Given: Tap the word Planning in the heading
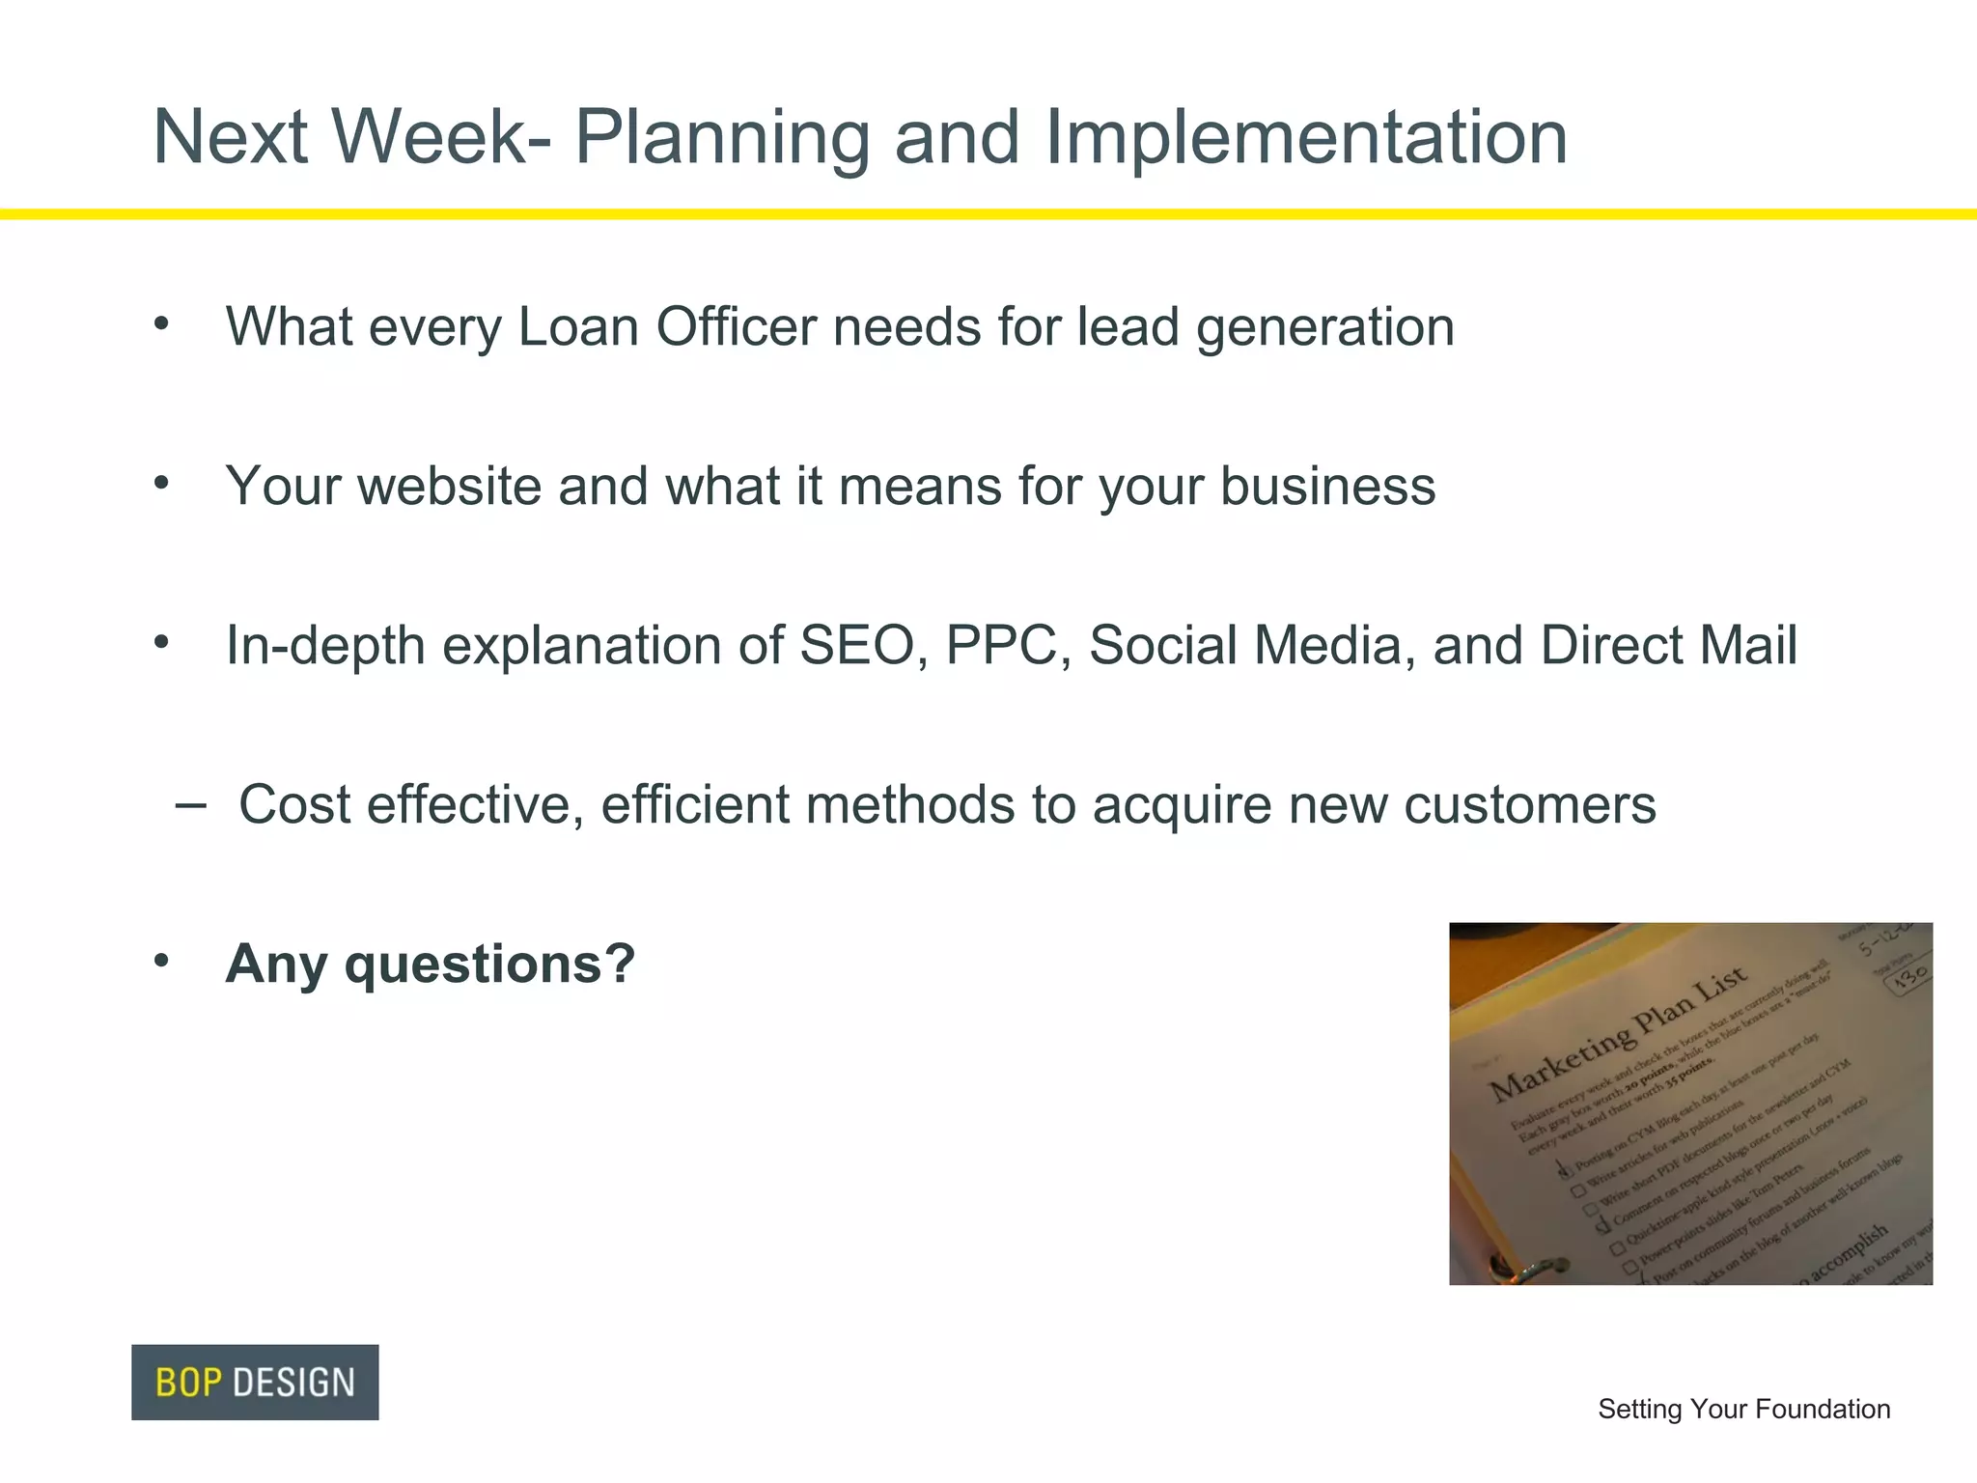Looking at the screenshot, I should pos(722,137).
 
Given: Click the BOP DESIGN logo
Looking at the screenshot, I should pos(255,1382).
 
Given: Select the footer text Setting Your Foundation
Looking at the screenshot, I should pos(1743,1409).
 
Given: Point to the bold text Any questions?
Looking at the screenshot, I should pos(431,964).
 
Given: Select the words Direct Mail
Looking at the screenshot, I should pos(1668,645).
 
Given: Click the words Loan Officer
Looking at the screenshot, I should pos(667,326).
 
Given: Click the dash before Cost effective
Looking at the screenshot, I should pos(191,803).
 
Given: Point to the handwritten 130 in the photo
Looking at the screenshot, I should pos(1909,977).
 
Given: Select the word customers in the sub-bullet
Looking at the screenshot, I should pos(1529,804).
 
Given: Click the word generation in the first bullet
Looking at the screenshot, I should pos(1324,326).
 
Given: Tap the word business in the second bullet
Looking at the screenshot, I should pos(1326,486).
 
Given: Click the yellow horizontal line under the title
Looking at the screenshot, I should pos(988,214).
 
